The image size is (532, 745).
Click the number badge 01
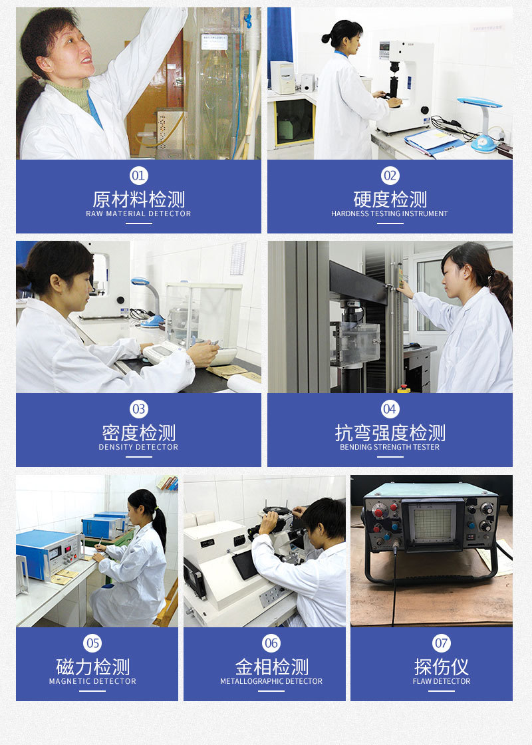138,176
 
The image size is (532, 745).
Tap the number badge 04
390,408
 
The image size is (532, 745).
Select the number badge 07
442,643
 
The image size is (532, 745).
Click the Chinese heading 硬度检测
390,199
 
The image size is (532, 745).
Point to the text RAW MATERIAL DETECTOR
138,214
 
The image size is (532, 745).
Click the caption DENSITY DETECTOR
138,447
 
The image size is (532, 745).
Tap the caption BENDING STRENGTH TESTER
390,447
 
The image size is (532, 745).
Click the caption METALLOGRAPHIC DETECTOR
271,681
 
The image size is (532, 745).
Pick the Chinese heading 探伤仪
442,667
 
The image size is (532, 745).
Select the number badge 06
271,643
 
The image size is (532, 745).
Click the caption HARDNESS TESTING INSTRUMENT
390,214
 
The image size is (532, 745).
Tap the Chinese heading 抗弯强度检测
390,433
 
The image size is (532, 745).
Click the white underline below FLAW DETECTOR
442,690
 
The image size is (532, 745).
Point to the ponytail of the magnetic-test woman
160,525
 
